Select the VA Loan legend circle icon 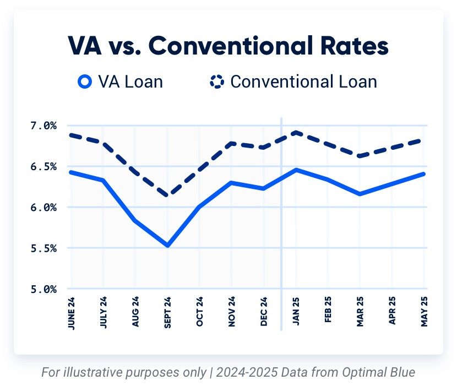tap(84, 82)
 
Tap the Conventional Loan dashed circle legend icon tap(216, 82)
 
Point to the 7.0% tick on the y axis tap(43, 126)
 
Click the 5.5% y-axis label tap(43, 248)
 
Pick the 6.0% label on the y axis tap(43, 208)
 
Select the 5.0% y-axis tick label tap(43, 289)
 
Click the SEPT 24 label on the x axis tap(167, 312)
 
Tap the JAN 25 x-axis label tap(296, 312)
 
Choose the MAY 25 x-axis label tap(425, 312)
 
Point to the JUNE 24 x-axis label tap(71, 312)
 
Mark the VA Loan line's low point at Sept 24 tap(167, 245)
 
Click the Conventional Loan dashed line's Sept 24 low tap(167, 195)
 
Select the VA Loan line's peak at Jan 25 tap(296, 170)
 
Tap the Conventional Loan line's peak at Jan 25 tap(296, 132)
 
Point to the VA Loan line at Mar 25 tap(360, 194)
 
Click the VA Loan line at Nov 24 tap(232, 182)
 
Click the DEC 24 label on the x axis tap(264, 312)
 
